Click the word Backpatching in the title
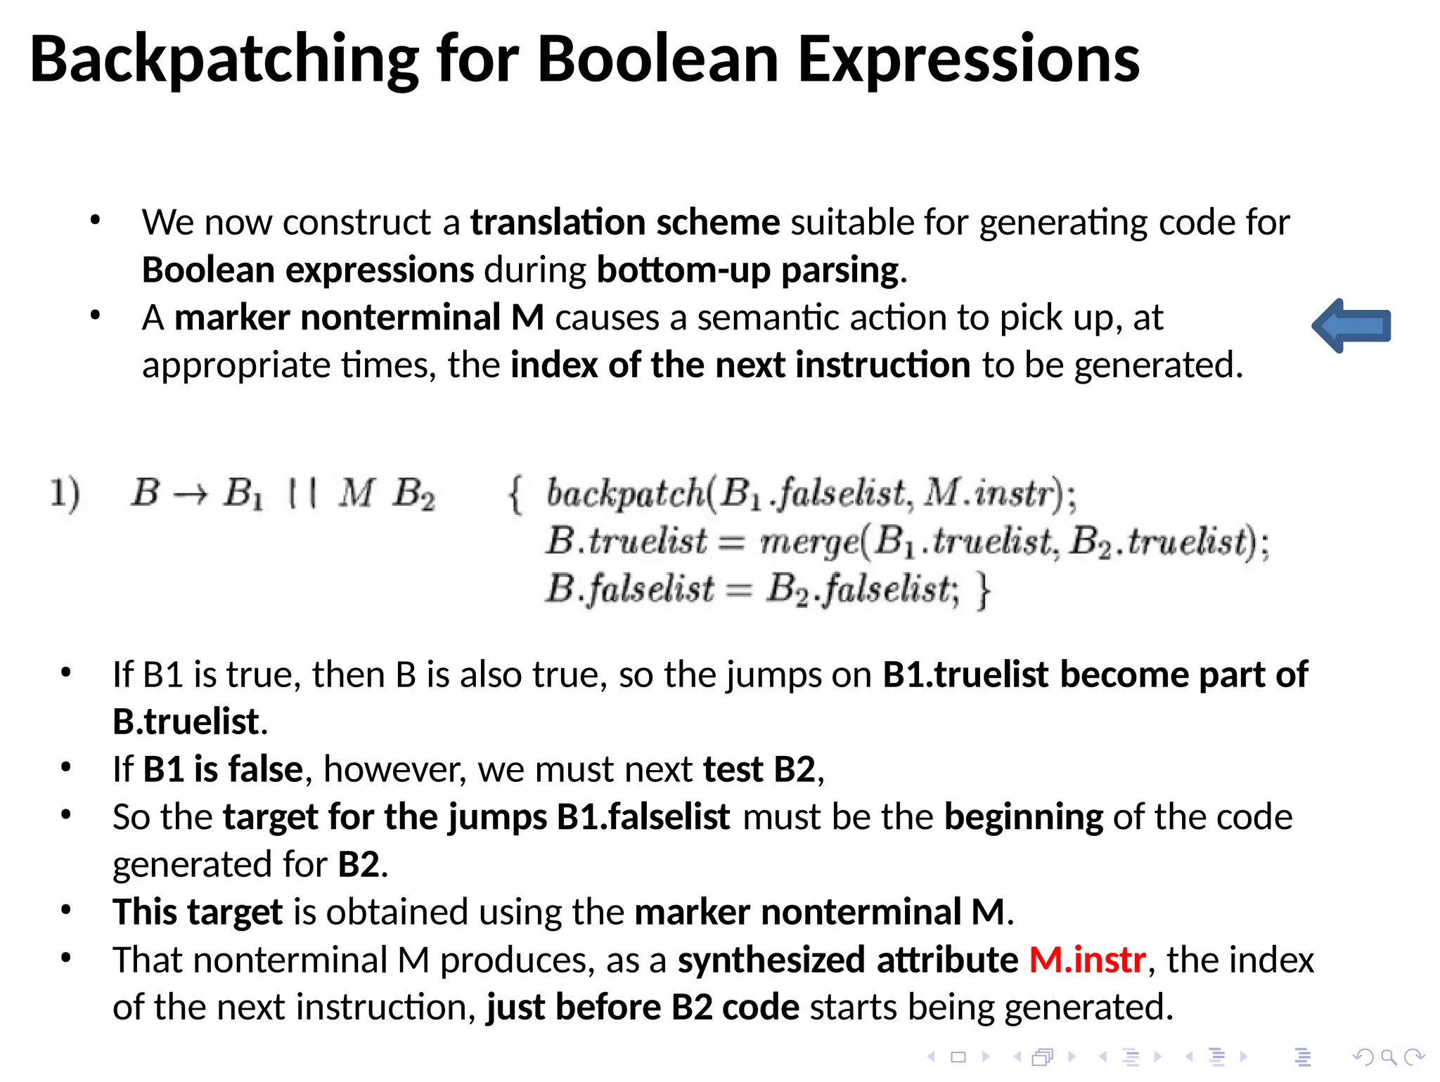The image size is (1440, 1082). point(224,61)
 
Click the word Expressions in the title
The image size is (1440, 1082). point(968,61)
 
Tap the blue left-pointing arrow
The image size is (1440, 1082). point(1351,326)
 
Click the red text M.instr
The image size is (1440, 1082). point(1087,960)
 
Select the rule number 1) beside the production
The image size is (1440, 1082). point(65,493)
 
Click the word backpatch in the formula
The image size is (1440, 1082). point(624,493)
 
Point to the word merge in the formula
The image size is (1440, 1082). point(809,542)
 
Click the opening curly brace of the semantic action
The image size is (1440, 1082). point(515,494)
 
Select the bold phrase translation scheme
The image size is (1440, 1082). point(624,223)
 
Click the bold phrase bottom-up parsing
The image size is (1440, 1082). point(747,270)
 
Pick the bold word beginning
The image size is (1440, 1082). point(1023,817)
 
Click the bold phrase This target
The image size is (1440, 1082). point(198,912)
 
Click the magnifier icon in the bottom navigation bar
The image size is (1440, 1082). point(1388,1057)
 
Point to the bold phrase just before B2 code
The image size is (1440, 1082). point(643,1008)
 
